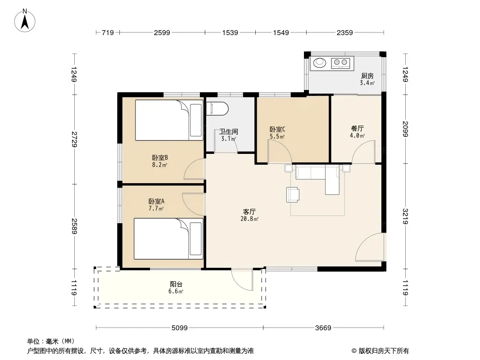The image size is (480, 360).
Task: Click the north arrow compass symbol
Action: (25, 21)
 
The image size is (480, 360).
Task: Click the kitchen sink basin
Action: (320, 63)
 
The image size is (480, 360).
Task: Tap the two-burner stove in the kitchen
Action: (340, 63)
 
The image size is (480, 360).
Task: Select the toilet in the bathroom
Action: (217, 109)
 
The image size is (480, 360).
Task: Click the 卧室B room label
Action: (160, 158)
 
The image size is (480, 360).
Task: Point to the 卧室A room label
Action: (156, 201)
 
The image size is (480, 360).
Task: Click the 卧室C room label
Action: (277, 130)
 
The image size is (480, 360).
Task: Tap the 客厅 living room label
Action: (249, 211)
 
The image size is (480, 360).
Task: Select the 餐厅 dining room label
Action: (357, 128)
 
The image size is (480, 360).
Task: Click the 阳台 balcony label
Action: (176, 284)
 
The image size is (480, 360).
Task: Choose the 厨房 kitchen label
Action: (367, 76)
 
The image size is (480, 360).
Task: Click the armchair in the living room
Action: (293, 195)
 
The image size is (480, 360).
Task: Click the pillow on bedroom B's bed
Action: (196, 120)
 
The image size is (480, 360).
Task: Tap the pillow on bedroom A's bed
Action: (196, 238)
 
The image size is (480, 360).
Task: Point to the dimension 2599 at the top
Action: (162, 33)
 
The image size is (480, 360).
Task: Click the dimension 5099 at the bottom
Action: (179, 328)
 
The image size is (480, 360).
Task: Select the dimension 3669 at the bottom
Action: (323, 328)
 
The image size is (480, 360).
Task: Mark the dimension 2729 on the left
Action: (74, 139)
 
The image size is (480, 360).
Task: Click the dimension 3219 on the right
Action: (405, 216)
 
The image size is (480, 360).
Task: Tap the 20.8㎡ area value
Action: (249, 219)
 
